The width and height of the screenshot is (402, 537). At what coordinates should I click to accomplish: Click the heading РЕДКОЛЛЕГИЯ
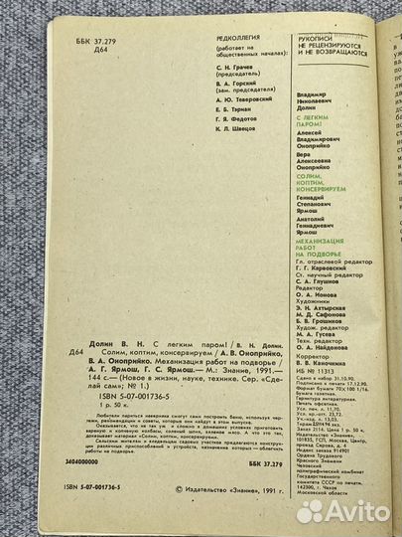[232, 37]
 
